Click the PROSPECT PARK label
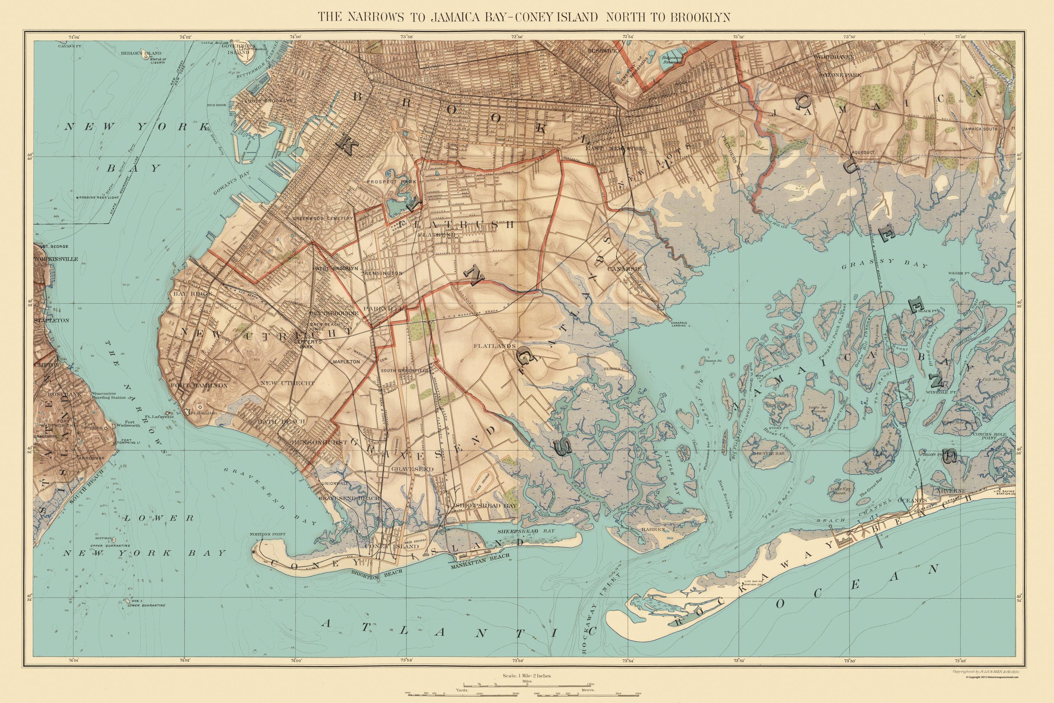point(392,182)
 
